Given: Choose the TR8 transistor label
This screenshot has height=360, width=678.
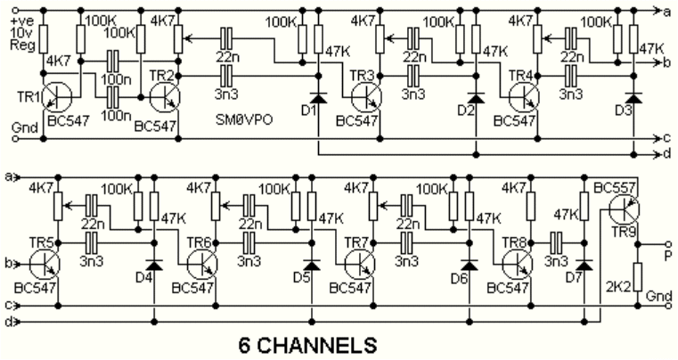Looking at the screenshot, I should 510,242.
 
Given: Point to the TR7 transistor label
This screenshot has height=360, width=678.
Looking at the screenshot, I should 355,242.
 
